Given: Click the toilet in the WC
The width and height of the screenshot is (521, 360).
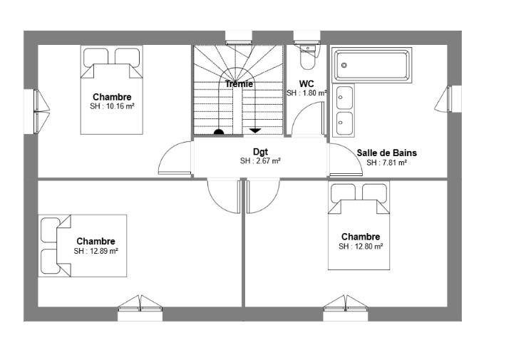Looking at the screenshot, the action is tap(308, 56).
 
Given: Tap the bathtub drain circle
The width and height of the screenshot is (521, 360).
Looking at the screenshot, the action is tap(344, 65).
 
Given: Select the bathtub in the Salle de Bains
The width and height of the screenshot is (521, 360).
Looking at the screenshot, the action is tap(371, 65).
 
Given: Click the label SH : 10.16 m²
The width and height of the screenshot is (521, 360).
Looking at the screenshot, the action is tap(113, 106).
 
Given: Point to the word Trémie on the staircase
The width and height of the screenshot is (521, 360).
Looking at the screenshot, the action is tap(239, 84).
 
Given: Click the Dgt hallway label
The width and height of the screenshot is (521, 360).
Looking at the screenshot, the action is tap(261, 153).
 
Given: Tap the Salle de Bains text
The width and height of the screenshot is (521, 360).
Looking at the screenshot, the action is tap(387, 153).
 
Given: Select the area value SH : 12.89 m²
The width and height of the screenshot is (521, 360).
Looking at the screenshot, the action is tap(96, 251).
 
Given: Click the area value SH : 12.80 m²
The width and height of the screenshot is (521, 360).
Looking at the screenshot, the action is tap(361, 247).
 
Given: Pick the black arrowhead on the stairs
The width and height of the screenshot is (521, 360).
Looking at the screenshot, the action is tap(255, 130).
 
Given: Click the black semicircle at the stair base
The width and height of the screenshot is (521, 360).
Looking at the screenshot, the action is tap(219, 132).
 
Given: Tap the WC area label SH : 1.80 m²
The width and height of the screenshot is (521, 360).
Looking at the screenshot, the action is tap(306, 93).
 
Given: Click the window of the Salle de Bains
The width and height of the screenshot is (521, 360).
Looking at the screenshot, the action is tap(448, 98).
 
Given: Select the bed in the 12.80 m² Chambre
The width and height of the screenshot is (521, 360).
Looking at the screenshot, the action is tap(358, 226).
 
